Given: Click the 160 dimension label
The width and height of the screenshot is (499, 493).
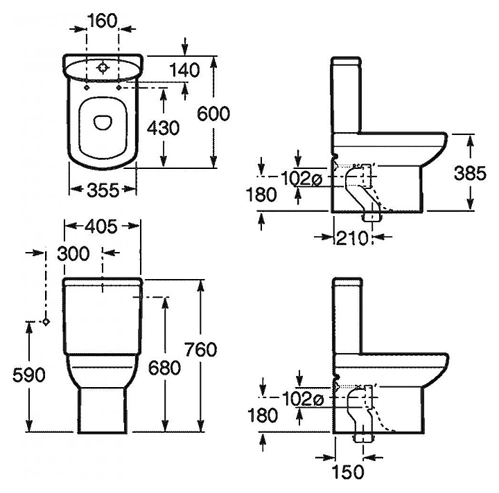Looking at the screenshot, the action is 103,21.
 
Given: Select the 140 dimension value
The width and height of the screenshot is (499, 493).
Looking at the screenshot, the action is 184,70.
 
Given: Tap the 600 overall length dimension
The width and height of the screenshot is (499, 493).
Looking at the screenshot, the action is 213,114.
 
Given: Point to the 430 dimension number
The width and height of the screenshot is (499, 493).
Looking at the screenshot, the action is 164,128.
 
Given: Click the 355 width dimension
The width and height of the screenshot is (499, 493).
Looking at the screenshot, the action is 103,190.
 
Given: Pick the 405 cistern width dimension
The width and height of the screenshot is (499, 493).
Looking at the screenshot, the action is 101,226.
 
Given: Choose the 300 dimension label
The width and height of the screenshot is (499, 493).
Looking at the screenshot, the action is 73,253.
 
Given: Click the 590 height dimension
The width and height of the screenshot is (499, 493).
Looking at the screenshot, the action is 29,375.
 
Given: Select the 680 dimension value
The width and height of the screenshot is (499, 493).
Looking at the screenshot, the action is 164,368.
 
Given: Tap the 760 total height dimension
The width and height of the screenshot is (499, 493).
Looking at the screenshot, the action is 201,350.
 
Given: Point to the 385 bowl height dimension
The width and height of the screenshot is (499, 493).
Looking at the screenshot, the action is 470,174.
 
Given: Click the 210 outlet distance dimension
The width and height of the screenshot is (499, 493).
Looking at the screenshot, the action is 352,237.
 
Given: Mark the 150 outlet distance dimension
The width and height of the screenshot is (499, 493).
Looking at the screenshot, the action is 347,472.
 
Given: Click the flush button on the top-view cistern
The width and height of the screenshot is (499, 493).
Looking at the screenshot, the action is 103,68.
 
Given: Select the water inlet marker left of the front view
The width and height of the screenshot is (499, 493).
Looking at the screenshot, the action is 46,322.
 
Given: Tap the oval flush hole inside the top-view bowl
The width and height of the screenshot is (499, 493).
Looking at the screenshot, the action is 103,123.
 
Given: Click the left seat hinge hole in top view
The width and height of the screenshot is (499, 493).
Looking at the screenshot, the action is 87,87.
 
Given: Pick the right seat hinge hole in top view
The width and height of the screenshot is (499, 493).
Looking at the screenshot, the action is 119,87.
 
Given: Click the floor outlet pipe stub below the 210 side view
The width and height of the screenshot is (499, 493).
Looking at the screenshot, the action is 371,217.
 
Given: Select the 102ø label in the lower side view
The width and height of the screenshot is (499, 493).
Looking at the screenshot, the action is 303,400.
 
